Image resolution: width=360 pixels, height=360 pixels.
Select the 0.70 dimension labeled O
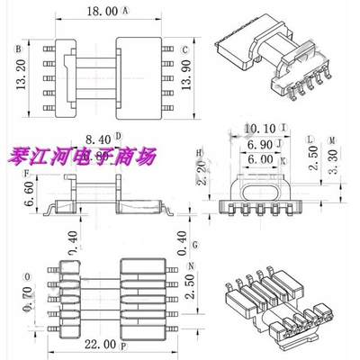(31, 297)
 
